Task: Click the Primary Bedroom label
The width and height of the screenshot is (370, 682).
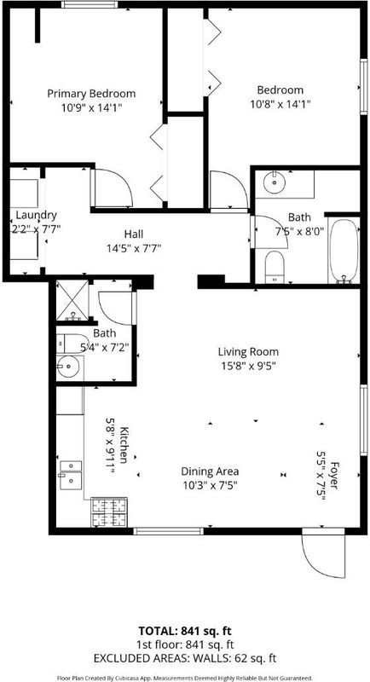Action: coord(91,94)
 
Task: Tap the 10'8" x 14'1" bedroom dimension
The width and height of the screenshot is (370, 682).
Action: coord(280,104)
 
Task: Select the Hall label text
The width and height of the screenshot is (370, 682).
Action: coord(134,234)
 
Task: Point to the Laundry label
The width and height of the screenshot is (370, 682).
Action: coord(36,215)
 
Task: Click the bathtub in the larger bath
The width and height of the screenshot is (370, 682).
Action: coord(344,251)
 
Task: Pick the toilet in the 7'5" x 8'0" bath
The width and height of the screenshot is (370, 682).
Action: coord(275,267)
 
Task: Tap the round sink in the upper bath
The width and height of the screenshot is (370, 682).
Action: coord(275,183)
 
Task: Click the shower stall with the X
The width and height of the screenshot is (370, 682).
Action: coord(72,301)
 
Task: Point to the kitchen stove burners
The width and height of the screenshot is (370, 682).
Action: coord(108,512)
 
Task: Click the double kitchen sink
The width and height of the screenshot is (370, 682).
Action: coord(71,475)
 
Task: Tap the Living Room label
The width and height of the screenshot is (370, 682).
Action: coord(248,351)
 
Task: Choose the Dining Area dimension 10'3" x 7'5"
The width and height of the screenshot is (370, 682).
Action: coord(210,484)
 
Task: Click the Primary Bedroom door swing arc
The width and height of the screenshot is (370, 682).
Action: coord(113,188)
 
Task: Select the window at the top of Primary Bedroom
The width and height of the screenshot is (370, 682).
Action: coord(90,5)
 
